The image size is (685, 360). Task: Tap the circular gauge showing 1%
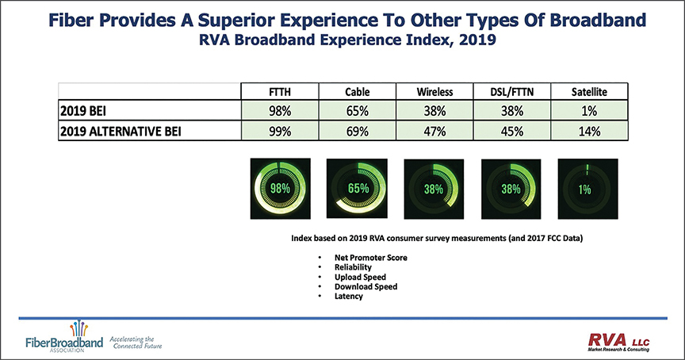coord(584,190)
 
